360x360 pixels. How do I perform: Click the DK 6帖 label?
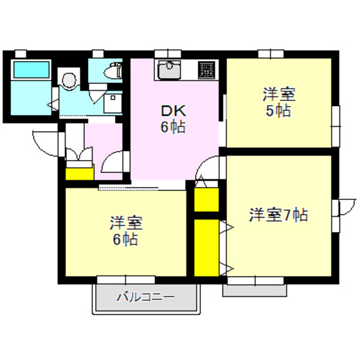(172, 119)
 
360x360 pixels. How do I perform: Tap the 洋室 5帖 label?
(278, 102)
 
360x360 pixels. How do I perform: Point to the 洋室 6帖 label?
(125, 231)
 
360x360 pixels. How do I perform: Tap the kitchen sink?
(169, 67)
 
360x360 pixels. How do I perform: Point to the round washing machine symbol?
(67, 79)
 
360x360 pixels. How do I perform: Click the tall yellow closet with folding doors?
(206, 248)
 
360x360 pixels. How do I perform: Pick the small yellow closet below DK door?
(206, 200)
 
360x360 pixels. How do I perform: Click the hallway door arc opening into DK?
(115, 162)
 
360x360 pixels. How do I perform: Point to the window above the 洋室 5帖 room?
(266, 55)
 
